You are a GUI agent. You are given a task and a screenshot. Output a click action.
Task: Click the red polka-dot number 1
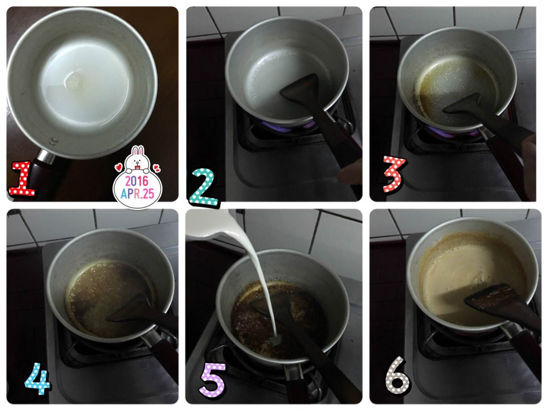[x=22, y=178]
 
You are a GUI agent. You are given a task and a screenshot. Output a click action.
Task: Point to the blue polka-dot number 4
[x=37, y=378]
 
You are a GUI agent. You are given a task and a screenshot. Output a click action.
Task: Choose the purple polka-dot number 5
[x=213, y=380]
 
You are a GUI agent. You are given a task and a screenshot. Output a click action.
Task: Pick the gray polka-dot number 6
[x=397, y=375]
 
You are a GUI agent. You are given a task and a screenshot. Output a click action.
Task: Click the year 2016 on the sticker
[x=137, y=181]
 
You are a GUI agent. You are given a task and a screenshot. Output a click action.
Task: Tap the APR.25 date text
[x=137, y=193]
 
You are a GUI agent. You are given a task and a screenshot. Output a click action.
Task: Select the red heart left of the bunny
[x=118, y=167]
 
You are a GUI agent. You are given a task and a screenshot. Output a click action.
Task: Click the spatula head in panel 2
[x=301, y=88]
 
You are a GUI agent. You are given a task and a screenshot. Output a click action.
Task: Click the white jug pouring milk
[x=212, y=224]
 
